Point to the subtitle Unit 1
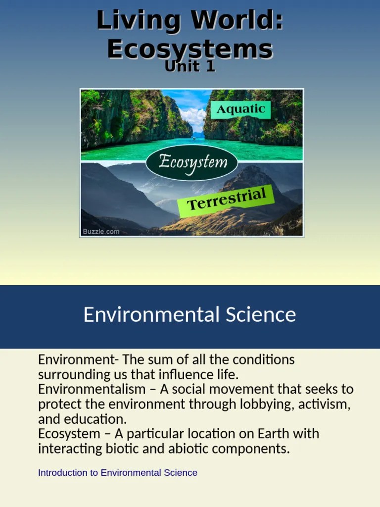[x=190, y=67]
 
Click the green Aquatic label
[x=240, y=109]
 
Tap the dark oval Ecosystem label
[x=192, y=162]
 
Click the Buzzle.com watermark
[x=101, y=231]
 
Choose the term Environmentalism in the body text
[x=92, y=389]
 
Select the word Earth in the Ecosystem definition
[x=273, y=434]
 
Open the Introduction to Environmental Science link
[x=117, y=473]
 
